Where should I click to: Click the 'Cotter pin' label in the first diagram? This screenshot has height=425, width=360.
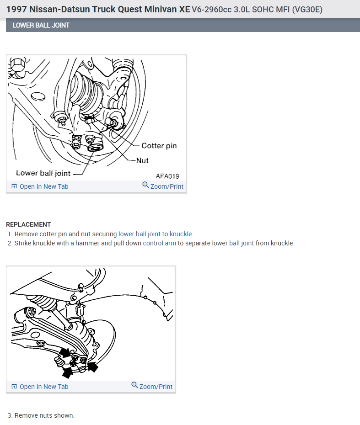[159, 146]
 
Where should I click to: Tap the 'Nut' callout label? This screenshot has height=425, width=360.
[142, 161]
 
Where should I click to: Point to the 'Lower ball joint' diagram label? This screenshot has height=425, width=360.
[43, 173]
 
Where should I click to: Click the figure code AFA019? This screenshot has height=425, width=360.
[167, 176]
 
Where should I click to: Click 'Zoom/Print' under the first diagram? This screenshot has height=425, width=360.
[163, 186]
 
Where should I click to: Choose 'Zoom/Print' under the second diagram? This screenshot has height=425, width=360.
[152, 386]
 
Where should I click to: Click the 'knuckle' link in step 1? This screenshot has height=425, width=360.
[181, 234]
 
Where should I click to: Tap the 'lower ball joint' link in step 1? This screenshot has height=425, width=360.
[140, 234]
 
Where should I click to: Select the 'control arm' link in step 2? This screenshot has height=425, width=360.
[160, 243]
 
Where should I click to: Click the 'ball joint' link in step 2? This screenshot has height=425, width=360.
[242, 243]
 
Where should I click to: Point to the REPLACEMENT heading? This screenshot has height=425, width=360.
[28, 224]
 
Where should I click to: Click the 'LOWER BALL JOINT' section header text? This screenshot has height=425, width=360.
[41, 25]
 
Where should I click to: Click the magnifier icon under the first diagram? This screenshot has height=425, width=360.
[145, 185]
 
